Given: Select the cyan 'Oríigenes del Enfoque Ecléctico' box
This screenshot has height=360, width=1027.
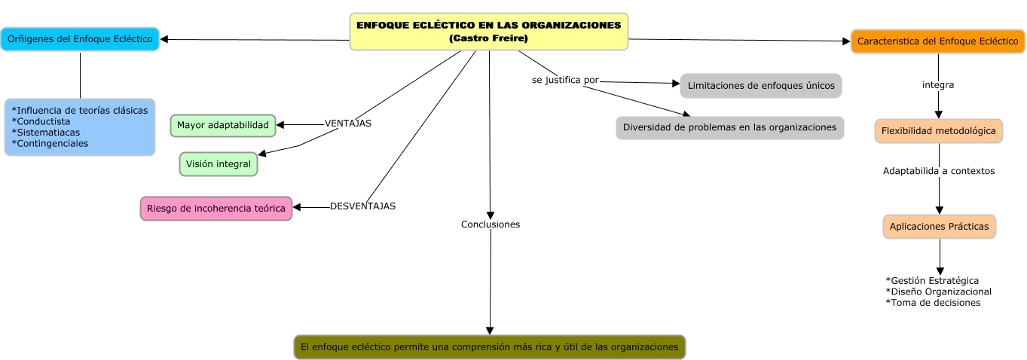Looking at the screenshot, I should pyautogui.click(x=80, y=38).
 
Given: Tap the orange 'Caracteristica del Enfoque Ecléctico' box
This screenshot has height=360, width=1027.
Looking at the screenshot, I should pyautogui.click(x=937, y=41).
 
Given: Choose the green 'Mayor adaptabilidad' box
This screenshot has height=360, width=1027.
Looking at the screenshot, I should pyautogui.click(x=223, y=125).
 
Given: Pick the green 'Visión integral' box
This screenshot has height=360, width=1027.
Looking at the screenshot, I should pyautogui.click(x=219, y=163).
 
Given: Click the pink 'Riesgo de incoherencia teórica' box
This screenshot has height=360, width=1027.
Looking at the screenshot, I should pyautogui.click(x=216, y=209).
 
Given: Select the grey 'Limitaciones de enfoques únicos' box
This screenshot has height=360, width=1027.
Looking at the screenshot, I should pyautogui.click(x=760, y=85).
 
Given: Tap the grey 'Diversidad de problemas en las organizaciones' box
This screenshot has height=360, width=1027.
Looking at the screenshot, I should pyautogui.click(x=729, y=127).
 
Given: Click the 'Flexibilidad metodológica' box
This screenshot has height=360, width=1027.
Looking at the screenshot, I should pyautogui.click(x=938, y=130).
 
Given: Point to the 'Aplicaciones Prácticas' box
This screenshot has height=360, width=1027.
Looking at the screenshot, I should pyautogui.click(x=939, y=226).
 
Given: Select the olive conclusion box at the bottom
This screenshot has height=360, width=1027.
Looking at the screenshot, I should pyautogui.click(x=489, y=347).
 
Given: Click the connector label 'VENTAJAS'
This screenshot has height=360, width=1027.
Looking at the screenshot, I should pyautogui.click(x=347, y=123).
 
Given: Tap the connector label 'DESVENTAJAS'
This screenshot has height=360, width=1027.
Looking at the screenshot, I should pyautogui.click(x=362, y=206).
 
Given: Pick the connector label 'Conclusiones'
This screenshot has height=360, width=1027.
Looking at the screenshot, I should pyautogui.click(x=491, y=224).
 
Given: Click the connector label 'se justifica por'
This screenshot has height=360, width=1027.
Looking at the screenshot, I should pyautogui.click(x=565, y=80).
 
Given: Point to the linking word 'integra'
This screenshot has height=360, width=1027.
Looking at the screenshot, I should pyautogui.click(x=938, y=85).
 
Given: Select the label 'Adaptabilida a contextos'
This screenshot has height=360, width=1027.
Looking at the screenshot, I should pyautogui.click(x=939, y=171).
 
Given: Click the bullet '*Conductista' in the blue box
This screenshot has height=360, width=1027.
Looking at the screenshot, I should pyautogui.click(x=41, y=121).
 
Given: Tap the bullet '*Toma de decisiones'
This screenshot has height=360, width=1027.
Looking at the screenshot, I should pyautogui.click(x=933, y=303).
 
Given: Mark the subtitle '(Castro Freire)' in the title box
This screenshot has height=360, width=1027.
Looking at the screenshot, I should pyautogui.click(x=488, y=38).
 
